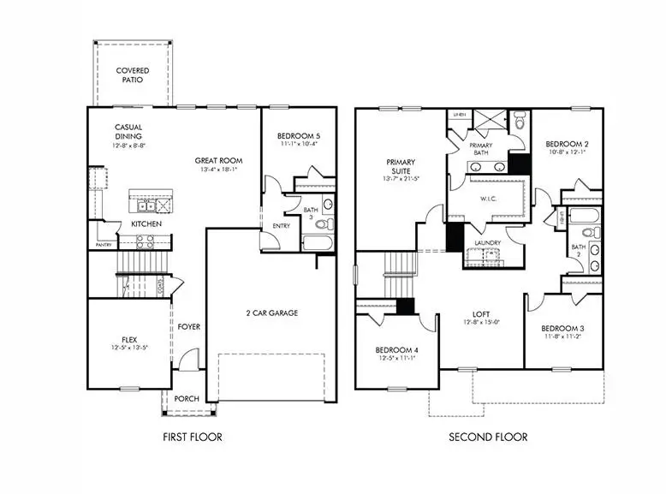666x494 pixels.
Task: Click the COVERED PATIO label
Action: tap(133, 75)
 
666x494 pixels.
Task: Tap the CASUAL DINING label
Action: tap(128, 132)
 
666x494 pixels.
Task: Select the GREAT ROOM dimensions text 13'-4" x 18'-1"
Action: tap(218, 170)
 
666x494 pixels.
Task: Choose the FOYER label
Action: tap(188, 326)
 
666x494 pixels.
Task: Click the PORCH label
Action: tap(187, 398)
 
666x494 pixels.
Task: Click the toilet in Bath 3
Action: tap(320, 224)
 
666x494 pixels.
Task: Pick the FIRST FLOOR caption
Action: tap(192, 437)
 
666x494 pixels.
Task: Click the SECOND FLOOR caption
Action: tap(488, 437)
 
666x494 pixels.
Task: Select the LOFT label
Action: tap(481, 313)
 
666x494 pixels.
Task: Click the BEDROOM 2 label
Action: tap(565, 143)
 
